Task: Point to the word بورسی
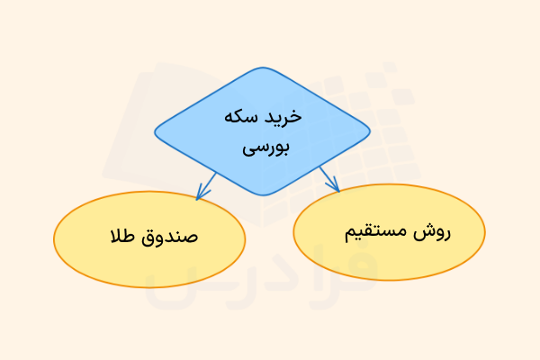[x=262, y=148]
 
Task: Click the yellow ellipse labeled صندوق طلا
[x=149, y=238]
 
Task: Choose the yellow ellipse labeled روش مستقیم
[x=389, y=231]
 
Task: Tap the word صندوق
[x=167, y=238]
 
